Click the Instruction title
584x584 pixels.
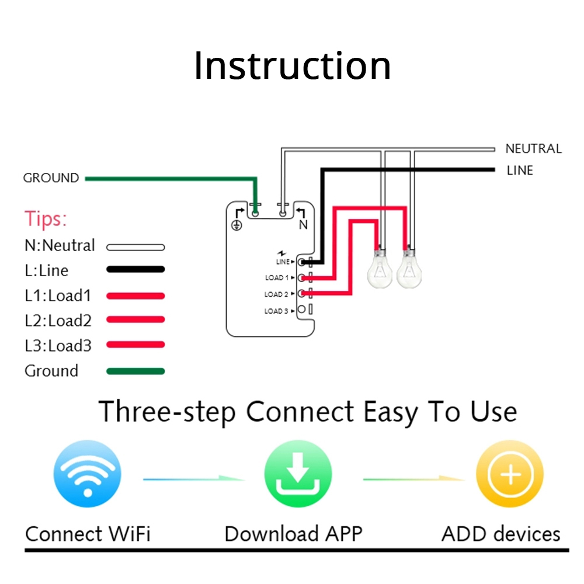coord(292,66)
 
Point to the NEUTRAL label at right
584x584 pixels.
coord(533,149)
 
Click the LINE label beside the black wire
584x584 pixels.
coord(520,171)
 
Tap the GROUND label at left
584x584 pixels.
coord(51,178)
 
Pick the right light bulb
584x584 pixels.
coord(410,269)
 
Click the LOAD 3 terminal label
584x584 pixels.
coord(276,311)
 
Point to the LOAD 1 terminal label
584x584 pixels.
coord(276,278)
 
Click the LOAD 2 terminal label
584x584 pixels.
coord(276,294)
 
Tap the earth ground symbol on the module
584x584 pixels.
coord(237,225)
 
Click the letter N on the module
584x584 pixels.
coord(303,225)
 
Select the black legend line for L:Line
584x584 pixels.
coord(135,270)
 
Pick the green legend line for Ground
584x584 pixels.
coord(135,371)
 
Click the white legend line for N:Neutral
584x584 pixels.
coord(135,247)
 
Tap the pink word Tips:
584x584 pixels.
coord(46,220)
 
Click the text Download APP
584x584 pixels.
coord(293,534)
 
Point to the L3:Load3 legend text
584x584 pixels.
coord(58,346)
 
